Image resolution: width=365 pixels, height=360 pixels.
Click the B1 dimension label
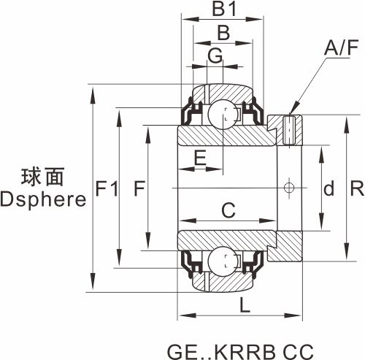click(224, 9)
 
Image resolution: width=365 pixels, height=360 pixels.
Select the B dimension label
click(223, 33)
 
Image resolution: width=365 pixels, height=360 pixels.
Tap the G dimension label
click(215, 55)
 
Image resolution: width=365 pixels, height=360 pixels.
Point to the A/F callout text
click(341, 47)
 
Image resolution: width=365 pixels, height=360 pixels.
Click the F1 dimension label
click(107, 188)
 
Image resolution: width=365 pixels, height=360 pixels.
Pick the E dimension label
click(200, 158)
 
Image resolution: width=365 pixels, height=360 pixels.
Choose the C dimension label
click(228, 210)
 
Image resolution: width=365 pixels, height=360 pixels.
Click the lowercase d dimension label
click(328, 188)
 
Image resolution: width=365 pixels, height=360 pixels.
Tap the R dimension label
click(357, 188)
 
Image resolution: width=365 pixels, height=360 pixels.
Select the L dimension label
click(245, 305)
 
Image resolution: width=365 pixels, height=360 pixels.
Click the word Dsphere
click(43, 200)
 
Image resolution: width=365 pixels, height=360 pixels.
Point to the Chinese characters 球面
click(42, 177)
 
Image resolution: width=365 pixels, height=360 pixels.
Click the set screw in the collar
click(289, 130)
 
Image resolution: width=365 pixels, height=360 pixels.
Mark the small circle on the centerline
click(289, 188)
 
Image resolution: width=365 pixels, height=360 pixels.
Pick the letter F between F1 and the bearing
click(139, 188)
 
